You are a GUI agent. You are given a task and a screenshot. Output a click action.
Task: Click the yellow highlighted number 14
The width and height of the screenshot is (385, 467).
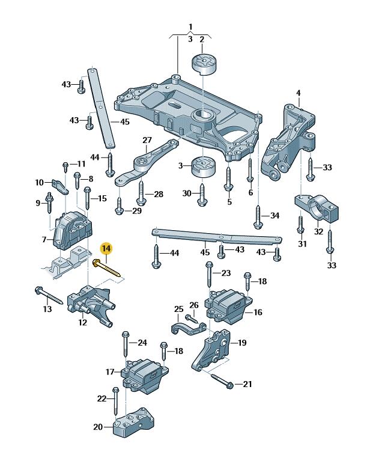pyautogui.click(x=106, y=248)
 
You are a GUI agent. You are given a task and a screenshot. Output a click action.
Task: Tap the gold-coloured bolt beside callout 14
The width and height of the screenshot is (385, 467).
pyautogui.click(x=107, y=268)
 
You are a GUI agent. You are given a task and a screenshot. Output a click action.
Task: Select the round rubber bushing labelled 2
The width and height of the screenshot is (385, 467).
pyautogui.click(x=204, y=64)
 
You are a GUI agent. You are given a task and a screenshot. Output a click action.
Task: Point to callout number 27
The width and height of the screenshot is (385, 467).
pyautogui.click(x=147, y=140)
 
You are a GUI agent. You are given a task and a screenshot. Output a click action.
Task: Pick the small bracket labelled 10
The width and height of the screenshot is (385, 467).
pyautogui.click(x=61, y=186)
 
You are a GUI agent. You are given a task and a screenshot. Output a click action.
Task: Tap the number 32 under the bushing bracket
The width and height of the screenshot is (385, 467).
pyautogui.click(x=318, y=231)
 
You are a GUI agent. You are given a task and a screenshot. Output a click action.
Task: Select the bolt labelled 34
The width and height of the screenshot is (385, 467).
pyautogui.click(x=258, y=217)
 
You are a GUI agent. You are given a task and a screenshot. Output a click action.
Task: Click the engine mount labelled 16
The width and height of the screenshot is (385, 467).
pyautogui.click(x=229, y=307)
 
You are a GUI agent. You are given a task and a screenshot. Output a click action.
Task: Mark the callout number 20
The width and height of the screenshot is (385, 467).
pyautogui.click(x=98, y=427)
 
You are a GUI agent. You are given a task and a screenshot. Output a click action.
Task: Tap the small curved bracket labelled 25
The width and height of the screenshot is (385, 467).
pyautogui.click(x=189, y=328)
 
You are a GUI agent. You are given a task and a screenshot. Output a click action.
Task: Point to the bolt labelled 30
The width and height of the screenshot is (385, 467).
pyautogui.click(x=202, y=195)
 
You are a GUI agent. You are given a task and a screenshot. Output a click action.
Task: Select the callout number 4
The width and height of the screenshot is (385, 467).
pyautogui.click(x=299, y=93)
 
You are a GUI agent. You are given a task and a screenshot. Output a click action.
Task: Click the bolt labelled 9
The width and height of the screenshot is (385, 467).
pyautogui.click(x=49, y=203)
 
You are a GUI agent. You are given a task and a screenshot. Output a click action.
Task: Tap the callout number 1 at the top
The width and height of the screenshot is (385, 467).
pyautogui.click(x=190, y=27)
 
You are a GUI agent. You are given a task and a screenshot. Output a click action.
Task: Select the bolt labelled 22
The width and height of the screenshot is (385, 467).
pyautogui.click(x=115, y=401)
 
